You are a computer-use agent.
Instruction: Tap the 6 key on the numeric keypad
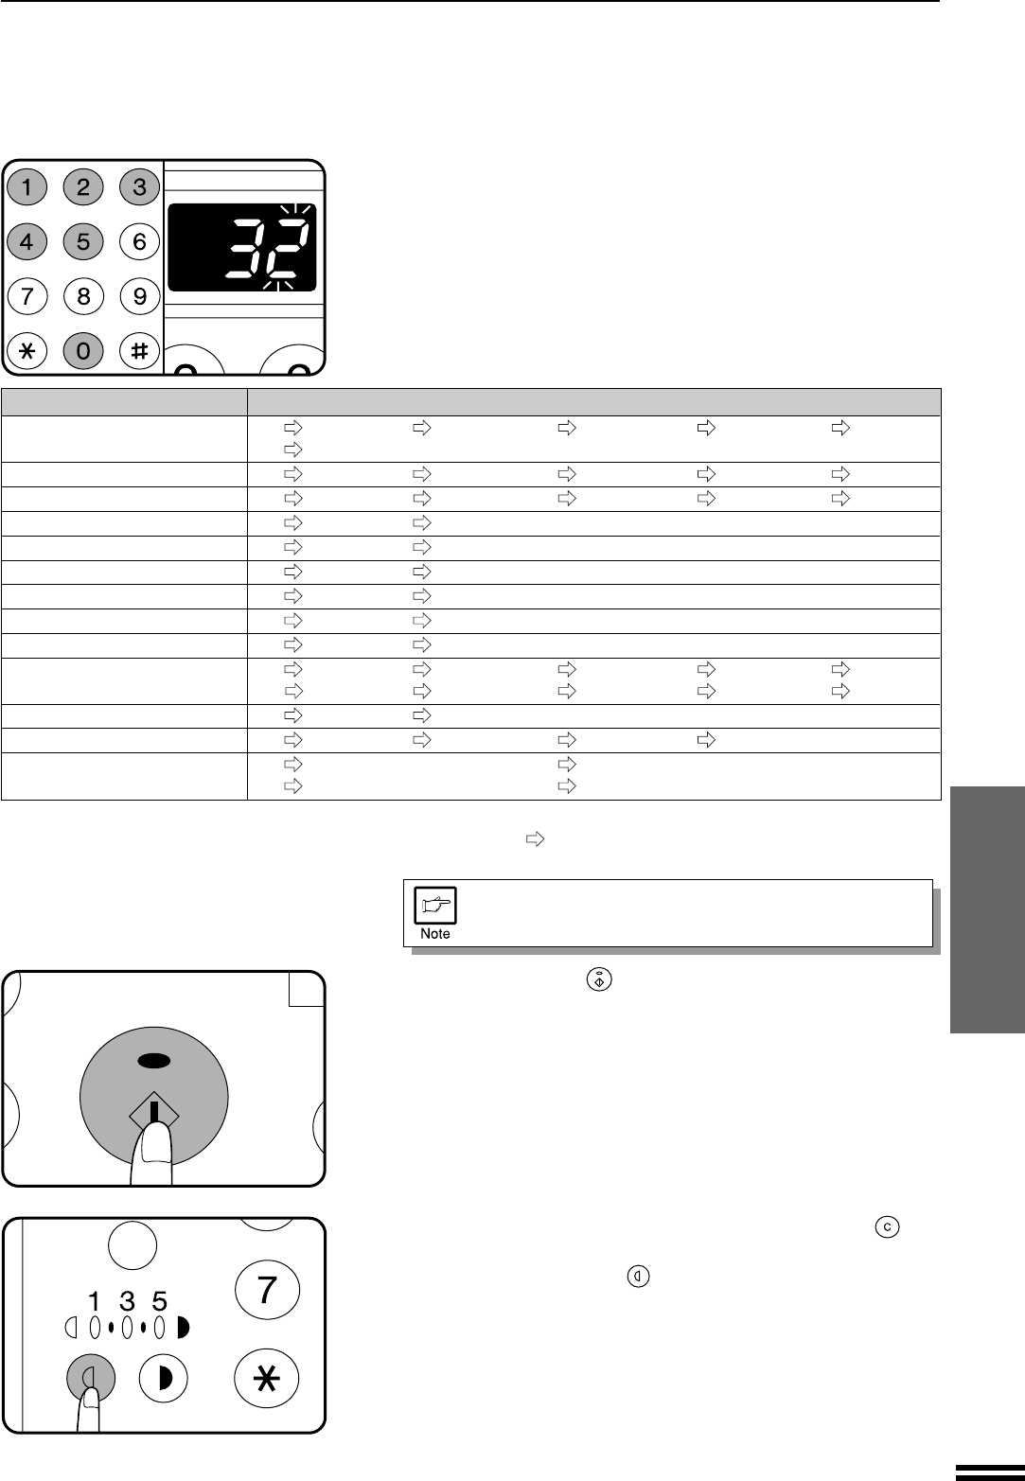pos(139,241)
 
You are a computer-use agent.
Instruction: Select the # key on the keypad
pos(139,350)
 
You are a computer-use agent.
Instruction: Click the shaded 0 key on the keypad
pos(83,350)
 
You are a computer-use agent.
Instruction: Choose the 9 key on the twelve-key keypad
pos(139,295)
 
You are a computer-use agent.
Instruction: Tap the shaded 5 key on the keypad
pos(83,241)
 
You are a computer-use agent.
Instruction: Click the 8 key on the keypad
pos(83,295)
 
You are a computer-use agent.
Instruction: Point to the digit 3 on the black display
pos(247,249)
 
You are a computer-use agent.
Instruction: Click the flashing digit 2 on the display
pos(287,249)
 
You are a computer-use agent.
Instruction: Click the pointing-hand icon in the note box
pos(435,905)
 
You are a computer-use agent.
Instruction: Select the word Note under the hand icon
pos(435,934)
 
